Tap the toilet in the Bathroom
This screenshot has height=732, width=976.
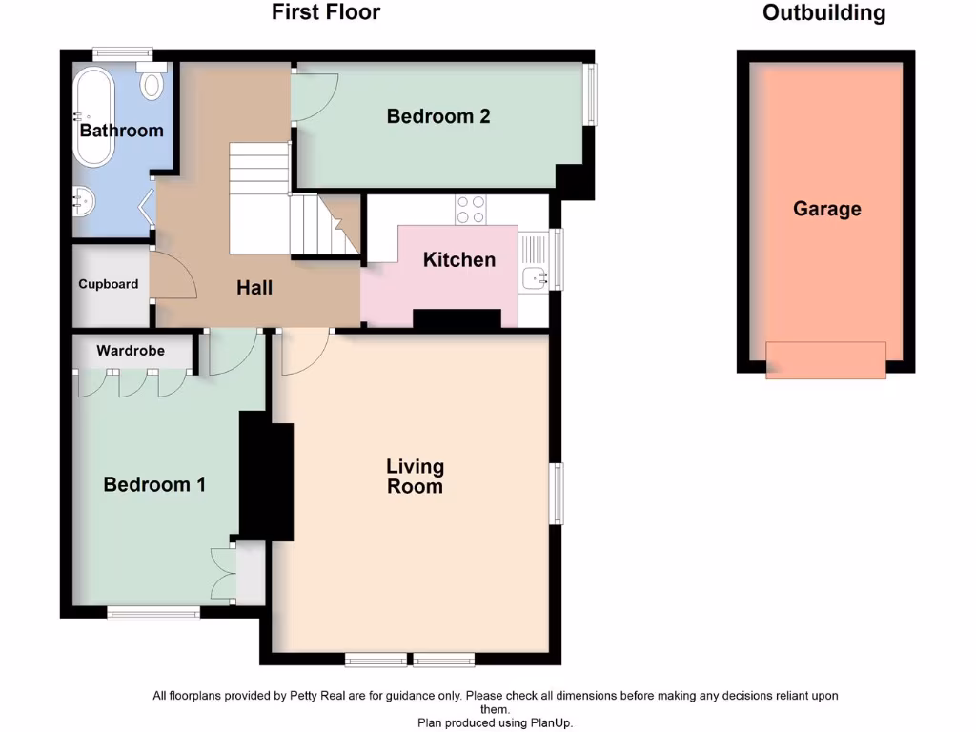click(x=152, y=81)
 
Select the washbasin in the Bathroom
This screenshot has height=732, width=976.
click(x=82, y=201)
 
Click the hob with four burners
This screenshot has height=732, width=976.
click(x=471, y=210)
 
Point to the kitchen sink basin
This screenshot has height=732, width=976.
click(x=535, y=278)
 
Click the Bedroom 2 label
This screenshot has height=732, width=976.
click(x=438, y=116)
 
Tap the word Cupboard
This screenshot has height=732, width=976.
click(x=109, y=284)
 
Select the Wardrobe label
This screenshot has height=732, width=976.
click(x=131, y=351)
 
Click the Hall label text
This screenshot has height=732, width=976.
click(x=254, y=288)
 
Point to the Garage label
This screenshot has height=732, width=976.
click(x=826, y=209)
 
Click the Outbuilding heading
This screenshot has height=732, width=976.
click(x=824, y=12)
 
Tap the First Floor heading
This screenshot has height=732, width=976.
click(x=326, y=11)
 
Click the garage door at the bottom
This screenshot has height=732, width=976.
click(x=825, y=359)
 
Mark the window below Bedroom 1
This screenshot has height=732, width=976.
click(x=153, y=613)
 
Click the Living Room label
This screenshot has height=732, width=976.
click(x=416, y=477)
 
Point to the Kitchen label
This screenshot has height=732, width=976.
click(x=459, y=259)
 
